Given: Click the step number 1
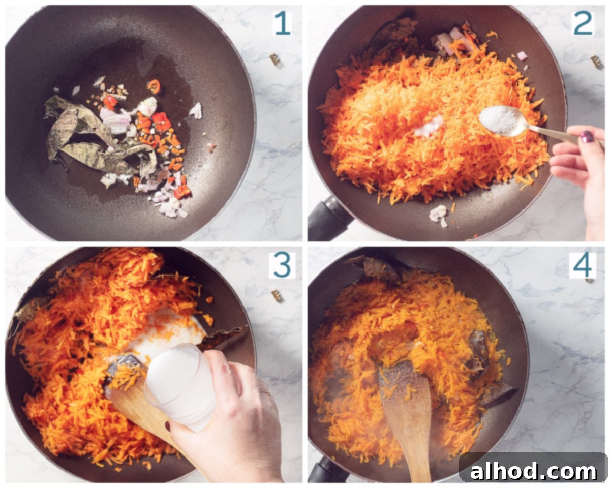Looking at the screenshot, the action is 282,23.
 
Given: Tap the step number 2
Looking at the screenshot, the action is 584,23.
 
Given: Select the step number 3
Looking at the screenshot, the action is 282,265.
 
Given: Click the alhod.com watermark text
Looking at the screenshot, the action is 533,472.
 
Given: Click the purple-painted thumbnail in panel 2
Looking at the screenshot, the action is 587,137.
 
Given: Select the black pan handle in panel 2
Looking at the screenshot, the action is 329,219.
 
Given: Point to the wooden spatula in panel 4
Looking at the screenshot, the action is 408,420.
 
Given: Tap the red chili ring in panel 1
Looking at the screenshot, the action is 154,86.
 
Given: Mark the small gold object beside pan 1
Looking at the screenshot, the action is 274,59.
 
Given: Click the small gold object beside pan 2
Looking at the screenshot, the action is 597,62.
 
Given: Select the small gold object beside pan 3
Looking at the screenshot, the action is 277,295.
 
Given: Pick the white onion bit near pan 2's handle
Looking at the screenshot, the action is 439,216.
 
